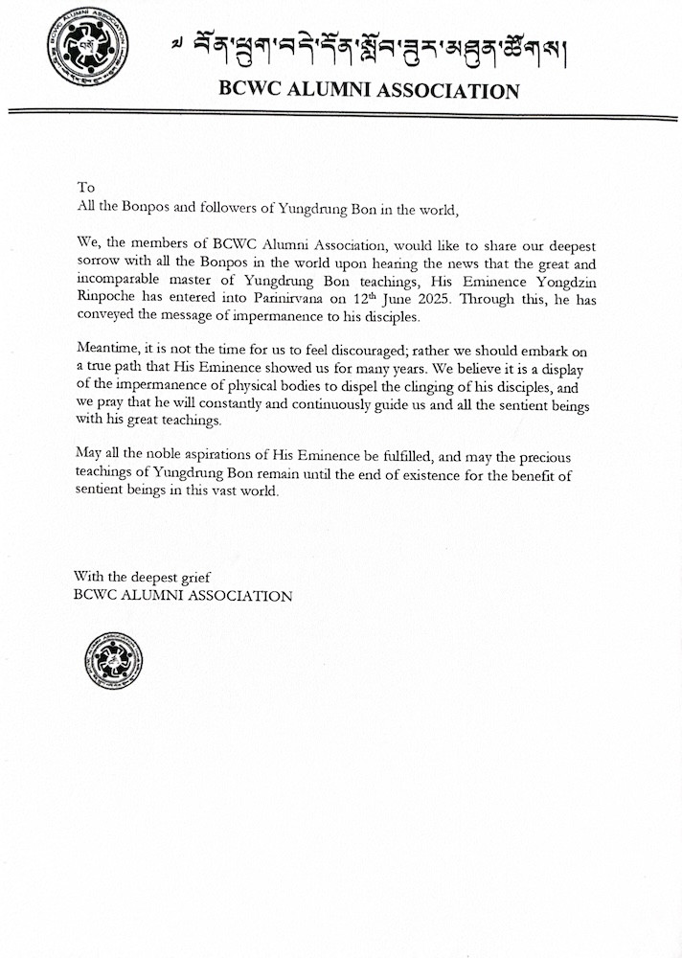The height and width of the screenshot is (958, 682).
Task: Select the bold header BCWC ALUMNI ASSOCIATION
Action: (x=369, y=92)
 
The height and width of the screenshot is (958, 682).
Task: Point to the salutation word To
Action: (x=86, y=188)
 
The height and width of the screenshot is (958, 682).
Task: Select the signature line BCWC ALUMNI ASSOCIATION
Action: (x=183, y=595)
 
